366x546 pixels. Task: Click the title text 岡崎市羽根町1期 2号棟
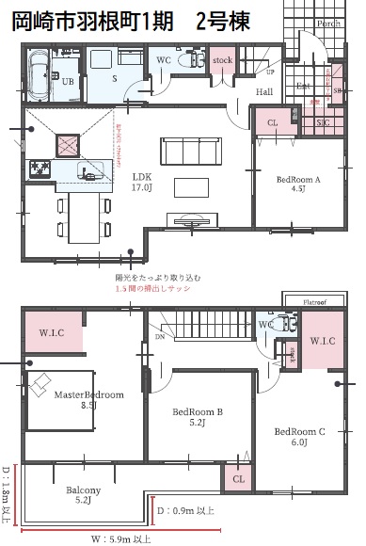(131, 22)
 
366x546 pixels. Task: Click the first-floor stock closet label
(222, 61)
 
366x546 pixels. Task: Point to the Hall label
(265, 92)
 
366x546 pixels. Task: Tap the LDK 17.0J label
(142, 182)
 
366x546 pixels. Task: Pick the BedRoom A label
(298, 182)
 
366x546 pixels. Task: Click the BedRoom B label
(197, 417)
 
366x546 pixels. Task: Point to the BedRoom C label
(299, 437)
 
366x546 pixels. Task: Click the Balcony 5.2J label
(90, 495)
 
